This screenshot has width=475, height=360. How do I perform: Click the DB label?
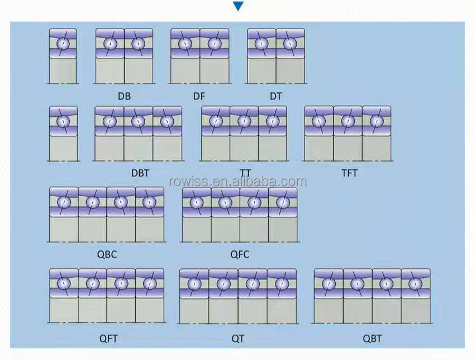124,96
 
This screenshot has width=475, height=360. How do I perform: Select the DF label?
199,96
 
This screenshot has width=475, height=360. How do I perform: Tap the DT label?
276,96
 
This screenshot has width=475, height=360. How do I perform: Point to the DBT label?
140,173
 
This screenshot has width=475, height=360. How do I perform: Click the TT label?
244,173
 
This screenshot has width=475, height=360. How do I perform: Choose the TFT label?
349,173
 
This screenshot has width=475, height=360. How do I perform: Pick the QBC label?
107,254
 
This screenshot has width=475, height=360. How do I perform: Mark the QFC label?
240,254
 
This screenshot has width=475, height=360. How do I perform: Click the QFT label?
108,338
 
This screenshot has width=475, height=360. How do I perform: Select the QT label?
238,338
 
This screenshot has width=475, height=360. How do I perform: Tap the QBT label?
372,338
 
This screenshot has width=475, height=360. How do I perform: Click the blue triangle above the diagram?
238,6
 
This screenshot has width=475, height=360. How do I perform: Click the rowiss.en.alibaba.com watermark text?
237,182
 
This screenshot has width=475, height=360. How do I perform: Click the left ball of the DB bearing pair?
110,44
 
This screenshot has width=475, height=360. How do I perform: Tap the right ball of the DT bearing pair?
289,44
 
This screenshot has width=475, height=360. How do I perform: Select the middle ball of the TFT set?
348,121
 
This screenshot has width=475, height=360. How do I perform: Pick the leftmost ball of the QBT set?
329,284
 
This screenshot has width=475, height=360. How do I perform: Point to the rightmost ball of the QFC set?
283,202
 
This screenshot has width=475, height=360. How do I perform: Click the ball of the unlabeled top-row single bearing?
63,44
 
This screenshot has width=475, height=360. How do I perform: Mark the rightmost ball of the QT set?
281,284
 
